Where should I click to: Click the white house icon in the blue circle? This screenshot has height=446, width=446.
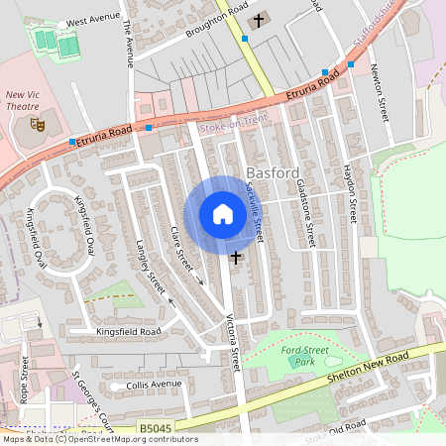[222, 214]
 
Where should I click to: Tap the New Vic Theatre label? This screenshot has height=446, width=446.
[23, 100]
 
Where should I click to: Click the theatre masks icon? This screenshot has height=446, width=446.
[38, 124]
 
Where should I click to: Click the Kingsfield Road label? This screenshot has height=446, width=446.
[128, 331]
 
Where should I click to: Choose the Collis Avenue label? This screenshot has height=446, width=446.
[154, 385]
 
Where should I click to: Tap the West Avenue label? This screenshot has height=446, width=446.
[91, 21]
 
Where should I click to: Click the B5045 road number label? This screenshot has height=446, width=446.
[155, 428]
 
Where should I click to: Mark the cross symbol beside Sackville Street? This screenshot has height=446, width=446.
[263, 259]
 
